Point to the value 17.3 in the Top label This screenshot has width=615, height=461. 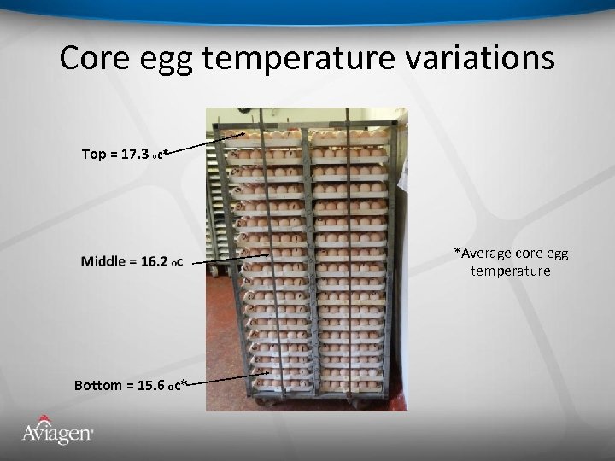click(135, 155)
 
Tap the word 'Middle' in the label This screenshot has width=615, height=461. click(104, 261)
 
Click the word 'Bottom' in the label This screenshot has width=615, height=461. click(98, 385)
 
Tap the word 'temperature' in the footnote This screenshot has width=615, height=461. click(510, 271)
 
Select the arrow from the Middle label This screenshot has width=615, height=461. click(227, 259)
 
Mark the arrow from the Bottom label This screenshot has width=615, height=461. click(226, 378)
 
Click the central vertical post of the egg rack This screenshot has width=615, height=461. click(309, 256)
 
